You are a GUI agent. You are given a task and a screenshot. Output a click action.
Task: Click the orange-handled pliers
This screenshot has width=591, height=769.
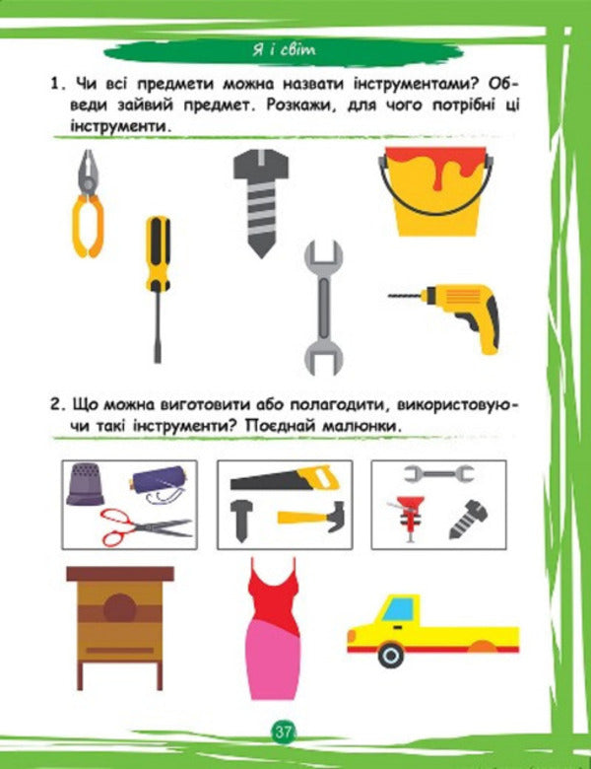tap(89, 202)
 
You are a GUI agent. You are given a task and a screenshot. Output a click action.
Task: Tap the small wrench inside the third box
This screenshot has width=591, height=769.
tap(432, 474)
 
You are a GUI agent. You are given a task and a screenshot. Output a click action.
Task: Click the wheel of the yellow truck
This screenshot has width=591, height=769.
tap(391, 654)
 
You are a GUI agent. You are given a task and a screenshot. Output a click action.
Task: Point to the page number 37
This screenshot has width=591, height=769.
tap(284, 732)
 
